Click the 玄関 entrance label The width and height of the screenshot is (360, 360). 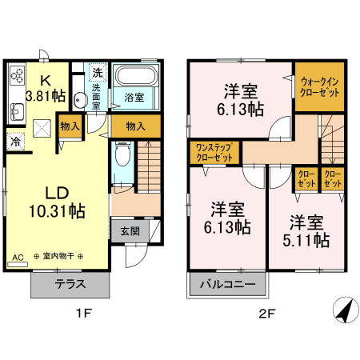point(130,231)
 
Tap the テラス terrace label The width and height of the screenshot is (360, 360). point(70,285)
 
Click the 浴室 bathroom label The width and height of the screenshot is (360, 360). point(134,98)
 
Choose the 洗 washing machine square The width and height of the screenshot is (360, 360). point(97,70)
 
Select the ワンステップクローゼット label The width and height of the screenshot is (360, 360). point(214,152)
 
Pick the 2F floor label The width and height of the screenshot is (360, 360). point(266,314)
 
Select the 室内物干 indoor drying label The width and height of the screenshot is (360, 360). point(60,258)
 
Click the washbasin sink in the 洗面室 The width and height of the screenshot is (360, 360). point(79,101)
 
